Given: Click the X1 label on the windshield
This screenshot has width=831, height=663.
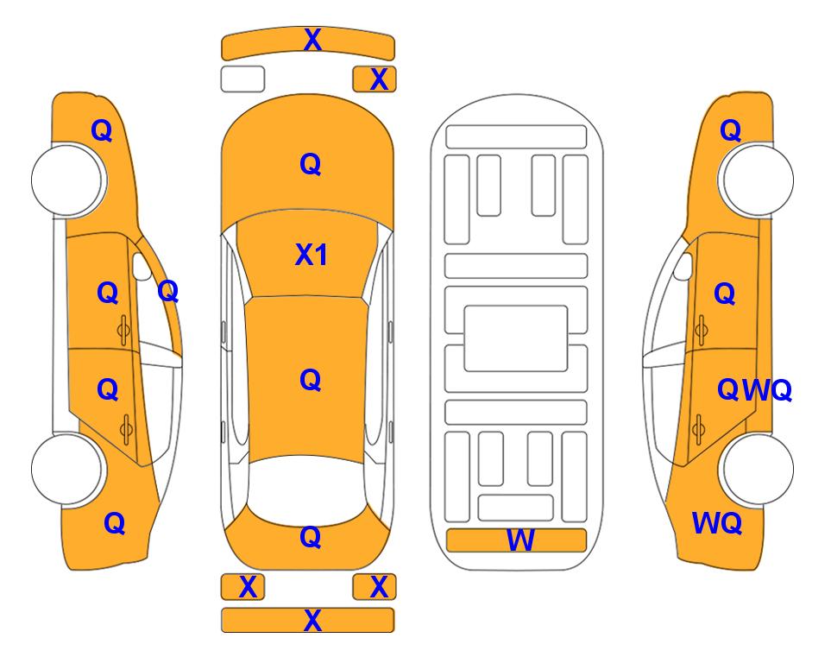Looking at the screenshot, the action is [312, 256].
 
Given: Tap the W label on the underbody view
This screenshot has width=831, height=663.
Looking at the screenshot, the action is [520, 540].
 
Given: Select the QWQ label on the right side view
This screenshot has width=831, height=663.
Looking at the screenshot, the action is [754, 390].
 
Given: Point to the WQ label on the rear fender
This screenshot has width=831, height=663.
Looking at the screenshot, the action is [716, 523].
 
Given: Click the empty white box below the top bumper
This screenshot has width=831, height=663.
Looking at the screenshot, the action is [242, 79].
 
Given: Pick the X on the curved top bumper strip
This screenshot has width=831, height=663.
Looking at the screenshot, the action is [312, 40].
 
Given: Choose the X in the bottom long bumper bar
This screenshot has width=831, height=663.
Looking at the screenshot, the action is [312, 620].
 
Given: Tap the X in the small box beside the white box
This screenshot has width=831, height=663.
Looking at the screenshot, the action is [379, 79].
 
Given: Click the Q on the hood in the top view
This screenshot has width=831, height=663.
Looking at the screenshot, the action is [311, 164].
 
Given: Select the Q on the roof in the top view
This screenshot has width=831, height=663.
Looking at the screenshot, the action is [311, 380].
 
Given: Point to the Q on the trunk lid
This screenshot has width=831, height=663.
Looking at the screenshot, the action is [311, 537].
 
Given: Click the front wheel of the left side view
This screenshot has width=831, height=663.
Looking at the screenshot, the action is [67, 180].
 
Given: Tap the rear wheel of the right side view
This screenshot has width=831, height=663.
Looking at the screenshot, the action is [756, 469].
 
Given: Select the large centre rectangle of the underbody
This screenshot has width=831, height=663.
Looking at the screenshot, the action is [516, 338].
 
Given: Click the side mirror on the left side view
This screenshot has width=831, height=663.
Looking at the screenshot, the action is [142, 267].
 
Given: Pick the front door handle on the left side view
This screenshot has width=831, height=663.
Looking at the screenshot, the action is [123, 330].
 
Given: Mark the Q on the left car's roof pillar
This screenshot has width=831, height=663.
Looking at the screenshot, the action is [168, 291].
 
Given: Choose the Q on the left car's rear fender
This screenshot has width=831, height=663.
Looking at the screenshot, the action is [115, 523].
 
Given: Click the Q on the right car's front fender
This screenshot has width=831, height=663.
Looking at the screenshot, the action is [730, 130].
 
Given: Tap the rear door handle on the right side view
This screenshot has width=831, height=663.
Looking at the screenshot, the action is [699, 429].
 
